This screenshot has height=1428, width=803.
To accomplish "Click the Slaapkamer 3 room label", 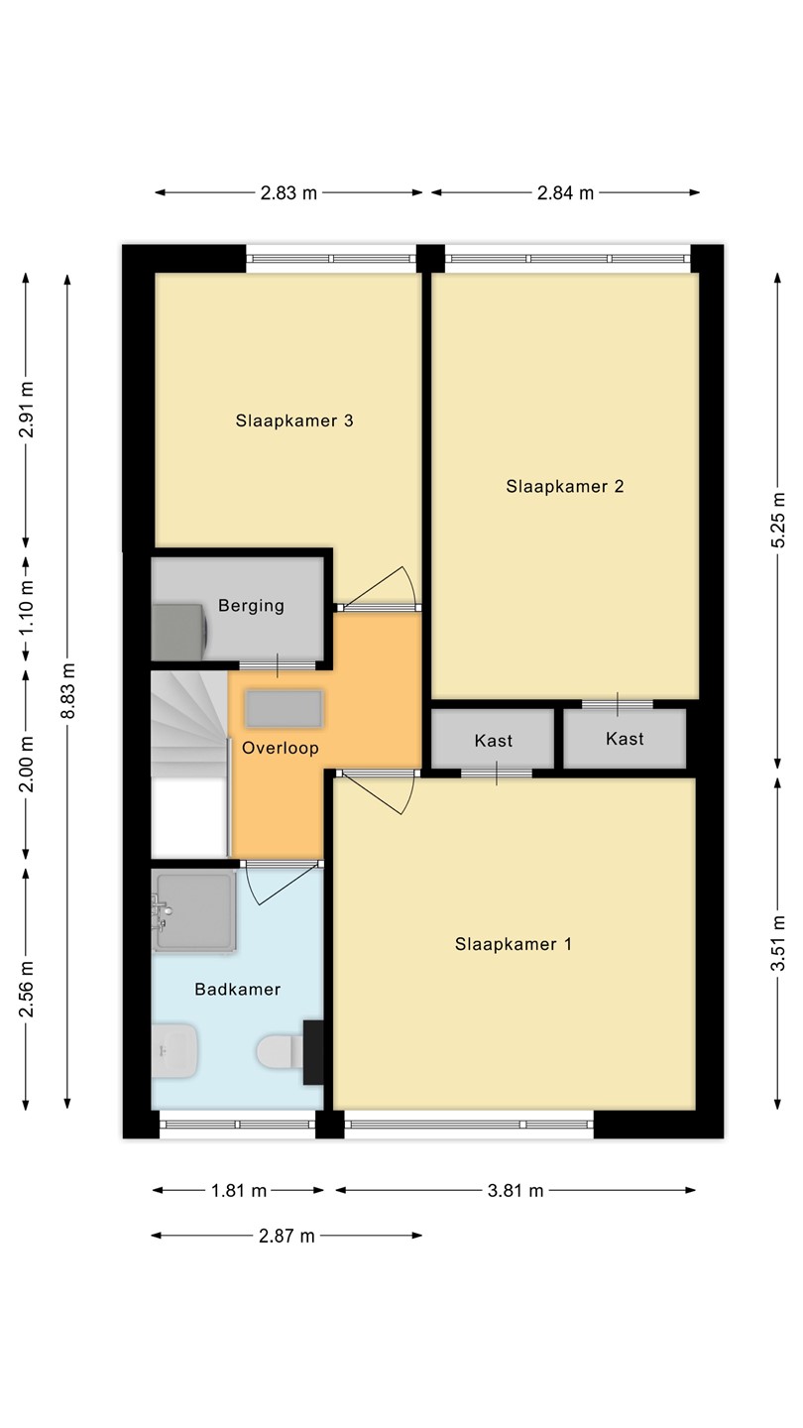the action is coord(293,420).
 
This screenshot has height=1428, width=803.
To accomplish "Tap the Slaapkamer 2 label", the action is coord(565,486).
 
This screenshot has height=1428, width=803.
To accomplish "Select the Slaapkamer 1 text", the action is coord(514,944).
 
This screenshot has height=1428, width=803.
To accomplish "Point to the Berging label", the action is coord(251,606).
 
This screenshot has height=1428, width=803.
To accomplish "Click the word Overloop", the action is coord(281,748).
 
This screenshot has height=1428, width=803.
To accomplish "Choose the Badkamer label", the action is coord(238,990).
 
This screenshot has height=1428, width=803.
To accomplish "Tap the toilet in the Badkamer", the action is coord(281,1051).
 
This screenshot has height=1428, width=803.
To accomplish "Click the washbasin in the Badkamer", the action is coord(174,1050).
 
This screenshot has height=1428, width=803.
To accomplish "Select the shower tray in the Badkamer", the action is coord(193,912).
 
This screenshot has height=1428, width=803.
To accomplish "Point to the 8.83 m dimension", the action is coord(67,691).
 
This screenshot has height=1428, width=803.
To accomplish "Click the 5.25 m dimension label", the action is coord(777,520).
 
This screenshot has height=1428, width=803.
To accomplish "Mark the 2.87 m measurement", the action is coord(287,1236).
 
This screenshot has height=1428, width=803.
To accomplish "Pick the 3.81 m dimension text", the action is coord(516,1190).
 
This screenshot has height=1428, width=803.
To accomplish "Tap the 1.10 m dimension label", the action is coord(26,608).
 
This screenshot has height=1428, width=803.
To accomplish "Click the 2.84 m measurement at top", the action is coord(565,192).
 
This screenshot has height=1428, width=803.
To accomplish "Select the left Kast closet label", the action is coord(494,741).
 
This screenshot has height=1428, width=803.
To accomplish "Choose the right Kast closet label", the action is coord(625,739).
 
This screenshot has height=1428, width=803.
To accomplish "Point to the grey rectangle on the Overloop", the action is coord(285,709).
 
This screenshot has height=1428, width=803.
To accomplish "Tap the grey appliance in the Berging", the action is coord(178,633).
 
